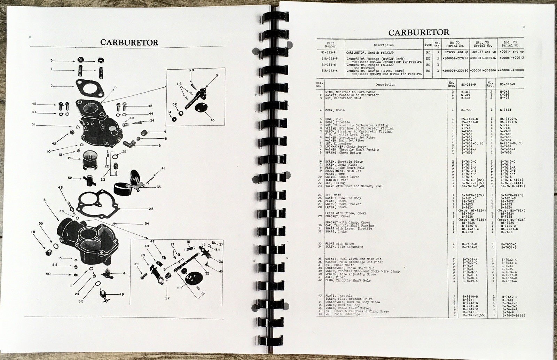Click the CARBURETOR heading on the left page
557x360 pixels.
coord(129,42)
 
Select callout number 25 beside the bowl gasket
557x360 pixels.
coord(150,209)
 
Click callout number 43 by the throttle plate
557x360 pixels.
coord(212,120)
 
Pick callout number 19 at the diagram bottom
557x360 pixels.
coord(121,295)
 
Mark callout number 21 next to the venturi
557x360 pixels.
coord(70,158)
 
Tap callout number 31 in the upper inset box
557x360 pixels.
coord(218,75)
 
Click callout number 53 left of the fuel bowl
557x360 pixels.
coord(41,224)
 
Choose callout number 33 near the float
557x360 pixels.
coord(158,187)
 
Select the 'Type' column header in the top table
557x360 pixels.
coord(428,45)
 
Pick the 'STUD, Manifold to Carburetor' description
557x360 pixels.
coord(348,92)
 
